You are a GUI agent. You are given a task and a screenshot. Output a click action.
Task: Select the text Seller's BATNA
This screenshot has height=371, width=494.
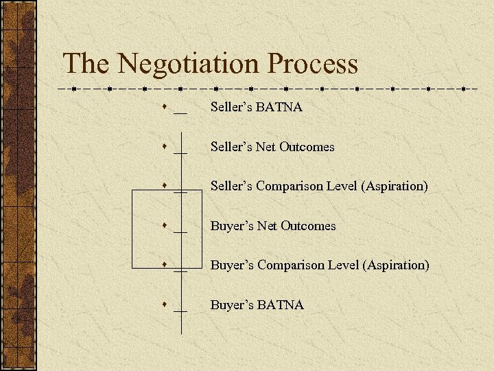pyautogui.click(x=257, y=107)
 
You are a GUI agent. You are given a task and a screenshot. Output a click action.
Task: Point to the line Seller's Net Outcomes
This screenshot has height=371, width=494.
pyautogui.click(x=272, y=146)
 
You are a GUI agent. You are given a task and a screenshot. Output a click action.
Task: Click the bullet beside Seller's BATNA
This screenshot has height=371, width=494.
pyautogui.click(x=166, y=107)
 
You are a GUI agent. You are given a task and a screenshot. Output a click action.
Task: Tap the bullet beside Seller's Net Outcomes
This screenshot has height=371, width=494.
pyautogui.click(x=166, y=146)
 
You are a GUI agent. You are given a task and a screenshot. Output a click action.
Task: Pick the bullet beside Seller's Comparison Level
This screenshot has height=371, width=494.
pyautogui.click(x=166, y=185)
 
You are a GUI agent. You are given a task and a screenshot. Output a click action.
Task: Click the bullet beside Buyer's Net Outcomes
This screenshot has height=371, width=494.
pyautogui.click(x=166, y=225)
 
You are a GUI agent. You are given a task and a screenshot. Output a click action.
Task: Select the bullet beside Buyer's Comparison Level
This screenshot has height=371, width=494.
pyautogui.click(x=166, y=265)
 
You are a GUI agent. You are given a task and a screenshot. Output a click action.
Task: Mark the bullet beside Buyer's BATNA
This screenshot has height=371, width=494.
pyautogui.click(x=166, y=304)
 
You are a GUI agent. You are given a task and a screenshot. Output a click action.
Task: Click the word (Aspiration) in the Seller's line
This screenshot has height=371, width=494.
pyautogui.click(x=397, y=186)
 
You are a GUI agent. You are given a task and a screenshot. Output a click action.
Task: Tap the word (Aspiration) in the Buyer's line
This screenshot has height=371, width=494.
pyautogui.click(x=398, y=265)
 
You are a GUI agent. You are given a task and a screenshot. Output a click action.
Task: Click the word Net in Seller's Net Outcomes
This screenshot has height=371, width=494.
pyautogui.click(x=266, y=146)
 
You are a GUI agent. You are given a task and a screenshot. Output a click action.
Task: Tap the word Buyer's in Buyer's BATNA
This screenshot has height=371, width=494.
pyautogui.click(x=231, y=304)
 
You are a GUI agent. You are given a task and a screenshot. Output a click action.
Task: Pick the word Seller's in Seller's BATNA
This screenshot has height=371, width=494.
pyautogui.click(x=231, y=107)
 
